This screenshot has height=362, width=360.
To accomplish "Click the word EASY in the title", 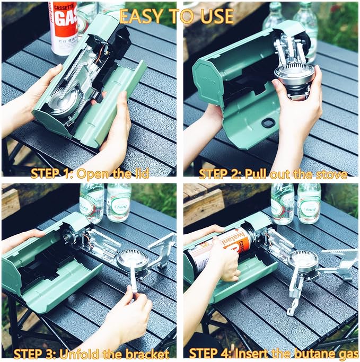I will coord(139,16).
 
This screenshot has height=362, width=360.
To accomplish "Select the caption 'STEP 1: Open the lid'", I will coord(90,173).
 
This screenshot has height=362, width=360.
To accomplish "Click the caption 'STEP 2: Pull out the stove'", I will coord(273,173).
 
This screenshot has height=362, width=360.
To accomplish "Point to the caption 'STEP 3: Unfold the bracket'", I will coord(91,354).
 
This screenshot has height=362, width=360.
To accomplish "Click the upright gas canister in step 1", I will coord(63,27).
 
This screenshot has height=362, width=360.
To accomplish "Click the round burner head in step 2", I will coord(294,80).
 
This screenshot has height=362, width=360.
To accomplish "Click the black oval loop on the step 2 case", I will coord(268,123).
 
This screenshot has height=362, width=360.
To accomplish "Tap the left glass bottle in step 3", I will coord(92,203).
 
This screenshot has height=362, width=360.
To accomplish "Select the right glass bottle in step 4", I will coord(309,203).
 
